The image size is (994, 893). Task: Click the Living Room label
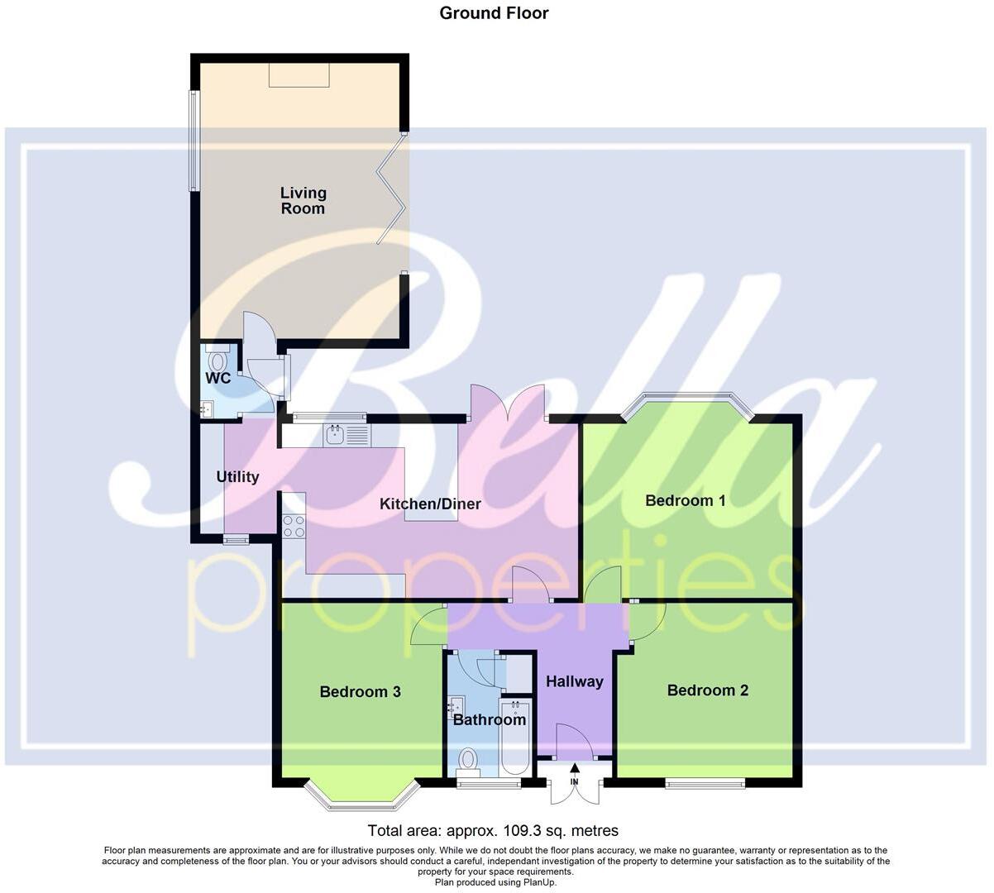tap(303, 201)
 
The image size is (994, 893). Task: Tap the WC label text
tap(218, 379)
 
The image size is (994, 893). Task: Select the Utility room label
tap(237, 477)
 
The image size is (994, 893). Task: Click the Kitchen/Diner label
tap(430, 504)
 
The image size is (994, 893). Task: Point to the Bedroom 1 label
tap(686, 500)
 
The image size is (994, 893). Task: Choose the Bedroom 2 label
tap(708, 690)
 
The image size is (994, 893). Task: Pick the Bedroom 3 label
tap(361, 691)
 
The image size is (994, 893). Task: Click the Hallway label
tap(575, 682)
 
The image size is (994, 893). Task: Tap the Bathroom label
tap(490, 719)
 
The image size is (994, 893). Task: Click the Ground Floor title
tap(494, 12)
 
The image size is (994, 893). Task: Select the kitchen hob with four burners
tap(294, 527)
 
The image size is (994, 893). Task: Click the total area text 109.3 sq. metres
tap(493, 831)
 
